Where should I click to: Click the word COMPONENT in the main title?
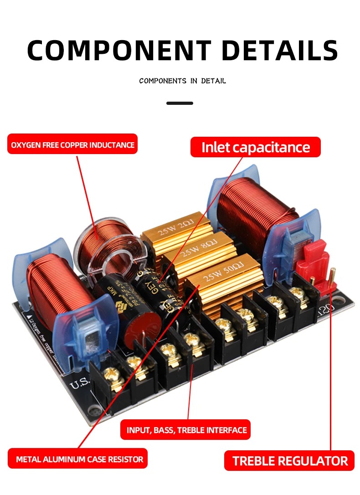click(119, 50)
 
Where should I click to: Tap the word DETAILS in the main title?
click(280, 50)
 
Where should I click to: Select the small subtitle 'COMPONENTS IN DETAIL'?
click(182, 81)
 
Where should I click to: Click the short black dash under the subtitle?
click(180, 103)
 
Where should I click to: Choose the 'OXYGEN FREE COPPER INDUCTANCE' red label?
click(72, 145)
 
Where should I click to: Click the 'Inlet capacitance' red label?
click(255, 147)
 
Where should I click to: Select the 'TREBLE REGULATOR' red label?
click(290, 460)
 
